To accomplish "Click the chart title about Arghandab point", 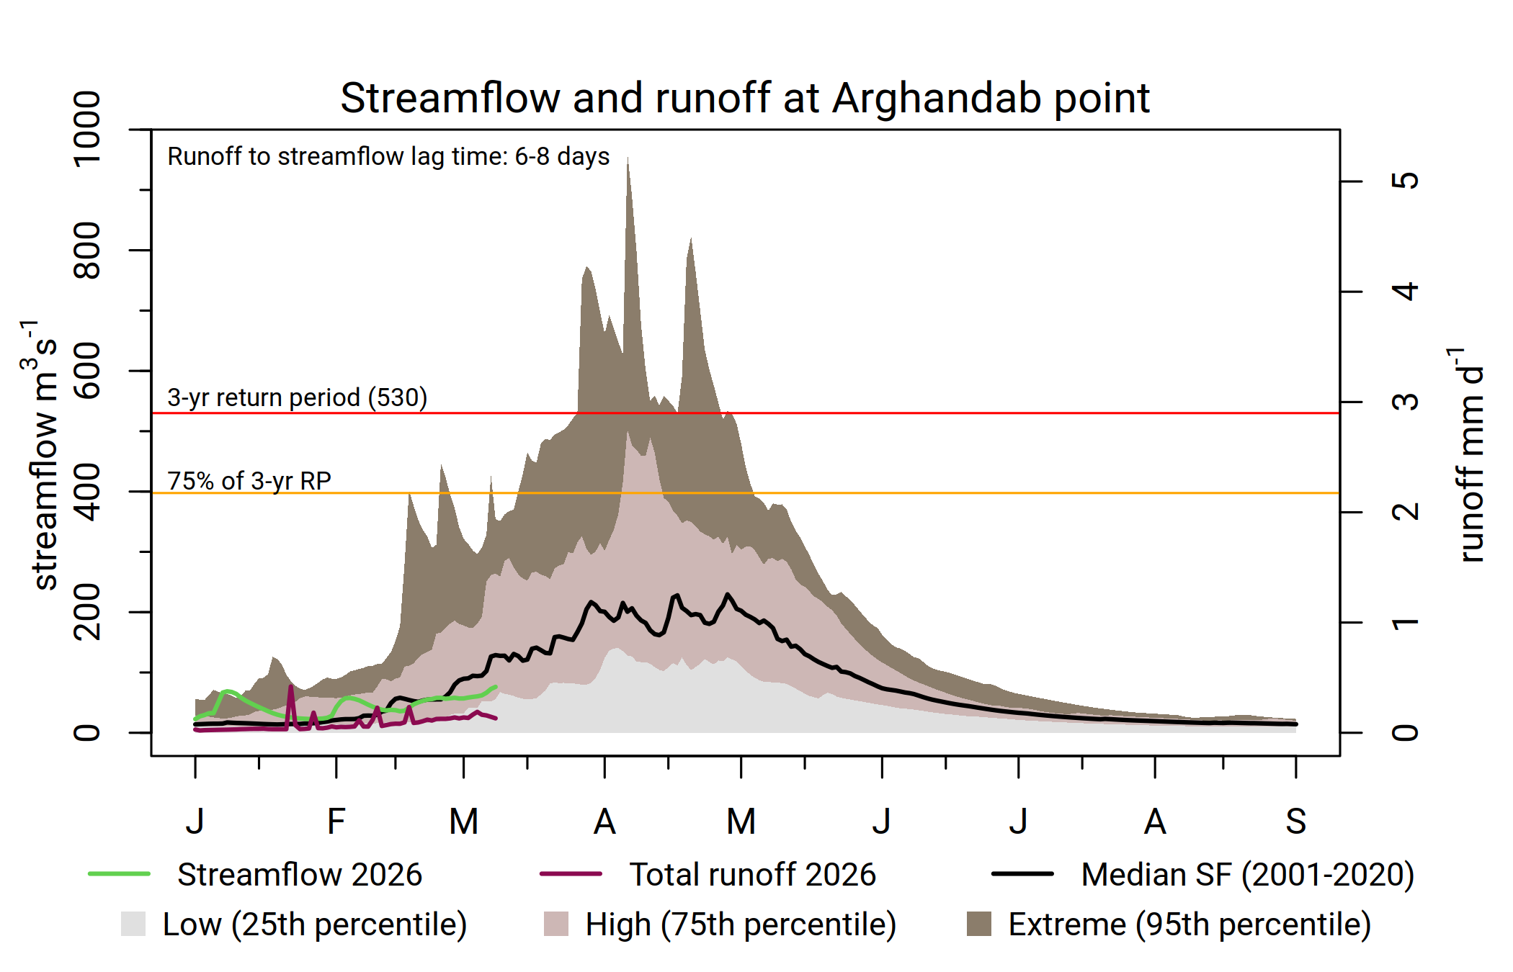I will (x=745, y=98).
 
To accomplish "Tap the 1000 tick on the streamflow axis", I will (x=88, y=130).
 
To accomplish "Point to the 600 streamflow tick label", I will (x=88, y=371).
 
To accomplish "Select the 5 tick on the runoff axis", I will (x=1405, y=181).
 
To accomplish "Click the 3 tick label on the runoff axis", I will (x=1405, y=402).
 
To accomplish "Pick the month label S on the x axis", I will (x=1295, y=822).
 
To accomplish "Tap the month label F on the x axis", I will (x=336, y=822).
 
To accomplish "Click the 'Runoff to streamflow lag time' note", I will (x=388, y=156).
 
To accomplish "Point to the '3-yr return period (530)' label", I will (x=297, y=397).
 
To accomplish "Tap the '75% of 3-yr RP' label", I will (x=249, y=480).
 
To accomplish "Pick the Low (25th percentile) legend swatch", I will (x=133, y=924).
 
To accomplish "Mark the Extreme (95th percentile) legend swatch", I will (x=978, y=924).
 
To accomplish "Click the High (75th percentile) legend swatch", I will (x=555, y=924).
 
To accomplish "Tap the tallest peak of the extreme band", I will (x=628, y=159).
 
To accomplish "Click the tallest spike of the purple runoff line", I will (x=291, y=687).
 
